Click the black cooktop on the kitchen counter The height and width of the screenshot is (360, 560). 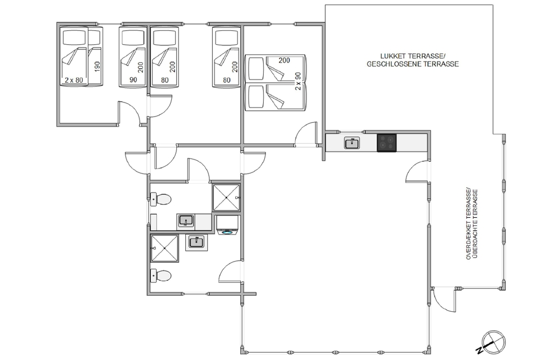387,143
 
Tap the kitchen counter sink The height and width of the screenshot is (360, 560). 353,143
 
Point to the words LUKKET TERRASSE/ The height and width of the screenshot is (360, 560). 412,57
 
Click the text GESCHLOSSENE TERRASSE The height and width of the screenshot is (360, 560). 413,64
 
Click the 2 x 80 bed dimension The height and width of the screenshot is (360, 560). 74,80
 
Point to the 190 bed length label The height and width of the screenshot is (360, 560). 97,67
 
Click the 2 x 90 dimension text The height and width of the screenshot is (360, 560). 298,81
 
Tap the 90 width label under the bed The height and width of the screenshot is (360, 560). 133,80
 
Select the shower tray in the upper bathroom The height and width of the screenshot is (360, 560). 226,198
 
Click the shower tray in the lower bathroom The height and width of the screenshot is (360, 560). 165,248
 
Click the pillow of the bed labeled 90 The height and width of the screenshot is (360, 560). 133,37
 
